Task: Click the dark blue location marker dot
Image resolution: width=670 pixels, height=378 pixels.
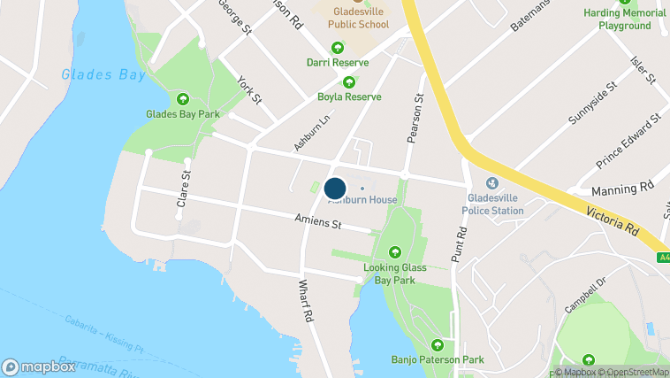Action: tap(335, 189)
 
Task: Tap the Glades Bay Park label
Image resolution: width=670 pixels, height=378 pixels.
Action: tap(183, 113)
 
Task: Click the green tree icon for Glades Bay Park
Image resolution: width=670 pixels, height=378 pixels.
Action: tap(183, 98)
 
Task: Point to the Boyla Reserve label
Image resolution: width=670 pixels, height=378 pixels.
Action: tap(349, 96)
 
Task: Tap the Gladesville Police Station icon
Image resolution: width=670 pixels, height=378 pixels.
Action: tap(493, 182)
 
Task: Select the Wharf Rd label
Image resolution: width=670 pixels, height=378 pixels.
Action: tap(306, 300)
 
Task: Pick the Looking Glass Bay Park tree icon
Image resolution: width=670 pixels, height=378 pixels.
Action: tap(395, 252)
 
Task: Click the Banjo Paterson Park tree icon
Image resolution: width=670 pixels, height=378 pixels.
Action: tap(437, 345)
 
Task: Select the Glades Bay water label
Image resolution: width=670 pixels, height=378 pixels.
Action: tap(103, 74)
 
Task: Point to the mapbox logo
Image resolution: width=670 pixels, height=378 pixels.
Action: tap(39, 366)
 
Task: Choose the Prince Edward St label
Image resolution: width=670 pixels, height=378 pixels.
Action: tap(628, 142)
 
